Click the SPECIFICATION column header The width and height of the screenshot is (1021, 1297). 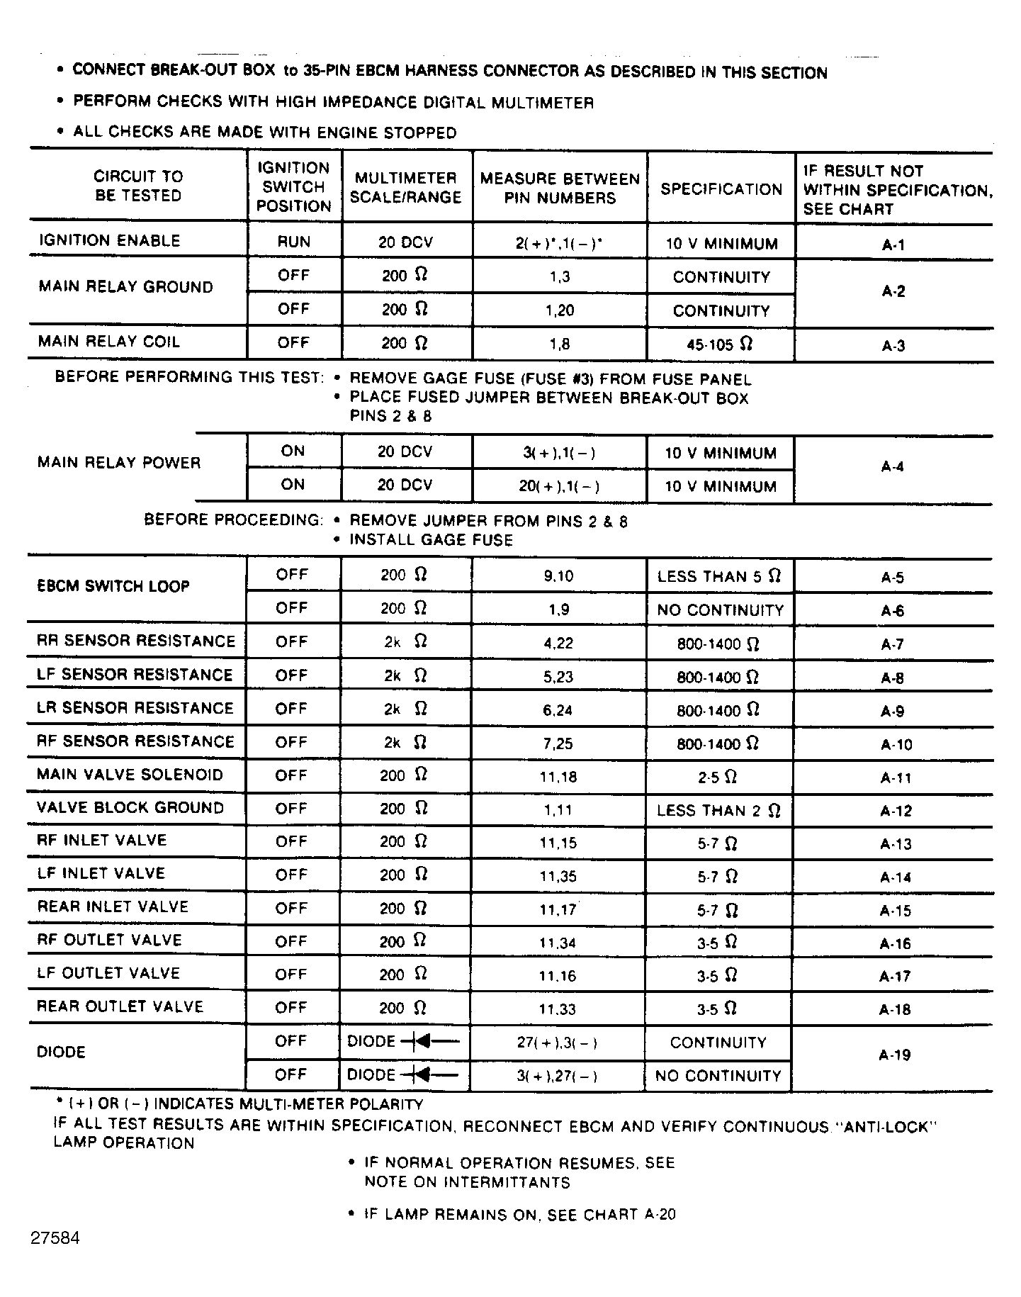tap(721, 189)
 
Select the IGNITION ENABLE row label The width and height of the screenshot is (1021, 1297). tap(110, 241)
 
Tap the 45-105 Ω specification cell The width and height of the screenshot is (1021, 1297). tap(719, 344)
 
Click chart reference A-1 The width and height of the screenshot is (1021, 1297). tap(893, 245)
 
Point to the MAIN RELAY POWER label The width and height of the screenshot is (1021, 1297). tap(119, 463)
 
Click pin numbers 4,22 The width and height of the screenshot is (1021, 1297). tap(558, 644)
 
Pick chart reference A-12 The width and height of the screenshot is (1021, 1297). tap(896, 811)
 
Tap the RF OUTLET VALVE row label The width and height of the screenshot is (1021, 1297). tap(110, 941)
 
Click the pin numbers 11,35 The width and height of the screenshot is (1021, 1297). tap(558, 877)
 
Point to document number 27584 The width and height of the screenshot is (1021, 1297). tap(55, 1238)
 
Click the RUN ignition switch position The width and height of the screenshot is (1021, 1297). tap(293, 242)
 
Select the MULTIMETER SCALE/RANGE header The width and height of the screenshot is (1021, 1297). tap(406, 188)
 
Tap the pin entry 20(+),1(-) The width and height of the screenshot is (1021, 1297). tap(559, 486)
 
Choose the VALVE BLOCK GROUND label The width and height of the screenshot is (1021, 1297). tap(130, 808)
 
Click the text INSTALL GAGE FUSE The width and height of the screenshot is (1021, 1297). tap(431, 540)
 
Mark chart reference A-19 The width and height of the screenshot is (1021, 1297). tap(894, 1055)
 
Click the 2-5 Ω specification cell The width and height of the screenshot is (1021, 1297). tap(717, 777)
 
